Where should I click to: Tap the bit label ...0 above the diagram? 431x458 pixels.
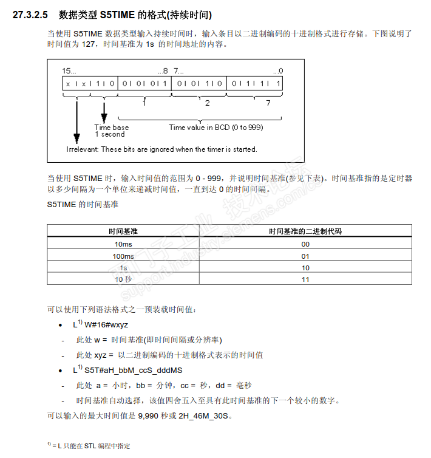277,71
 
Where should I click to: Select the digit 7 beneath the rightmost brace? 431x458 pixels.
268,103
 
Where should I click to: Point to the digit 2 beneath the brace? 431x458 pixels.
208,103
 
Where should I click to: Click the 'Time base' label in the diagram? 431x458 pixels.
112,128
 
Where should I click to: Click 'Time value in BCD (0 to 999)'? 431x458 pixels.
216,128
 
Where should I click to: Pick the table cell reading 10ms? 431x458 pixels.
123,244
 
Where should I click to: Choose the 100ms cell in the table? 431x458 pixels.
123,256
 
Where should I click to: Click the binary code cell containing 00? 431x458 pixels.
306,244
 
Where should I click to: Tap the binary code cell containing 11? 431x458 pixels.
306,279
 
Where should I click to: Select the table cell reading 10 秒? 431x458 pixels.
123,279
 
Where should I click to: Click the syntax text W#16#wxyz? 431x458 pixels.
106,325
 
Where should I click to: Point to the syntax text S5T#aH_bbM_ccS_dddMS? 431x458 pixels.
134,370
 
